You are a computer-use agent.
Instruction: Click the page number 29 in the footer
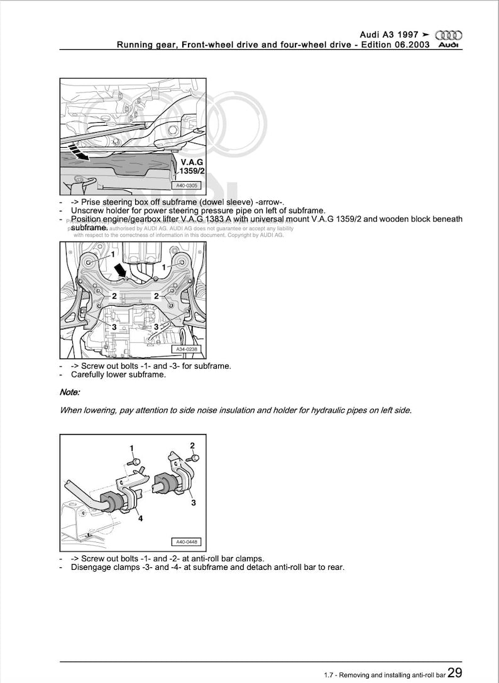[x=455, y=673]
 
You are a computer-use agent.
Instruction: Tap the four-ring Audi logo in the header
[x=449, y=35]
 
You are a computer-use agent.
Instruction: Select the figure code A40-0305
[x=187, y=186]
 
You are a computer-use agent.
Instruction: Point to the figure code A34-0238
[x=187, y=350]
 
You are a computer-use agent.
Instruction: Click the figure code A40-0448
[x=186, y=542]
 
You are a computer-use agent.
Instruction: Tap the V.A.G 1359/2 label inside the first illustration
[x=187, y=167]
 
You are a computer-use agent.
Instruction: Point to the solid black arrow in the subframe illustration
[x=119, y=269]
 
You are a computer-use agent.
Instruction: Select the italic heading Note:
[x=69, y=392]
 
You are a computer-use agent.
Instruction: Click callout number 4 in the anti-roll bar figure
[x=140, y=519]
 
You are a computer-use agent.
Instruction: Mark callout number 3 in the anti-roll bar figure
[x=193, y=503]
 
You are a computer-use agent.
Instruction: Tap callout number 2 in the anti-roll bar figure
[x=192, y=445]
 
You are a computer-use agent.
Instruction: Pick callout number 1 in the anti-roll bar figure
[x=132, y=448]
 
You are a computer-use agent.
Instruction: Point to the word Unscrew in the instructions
[x=87, y=210]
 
